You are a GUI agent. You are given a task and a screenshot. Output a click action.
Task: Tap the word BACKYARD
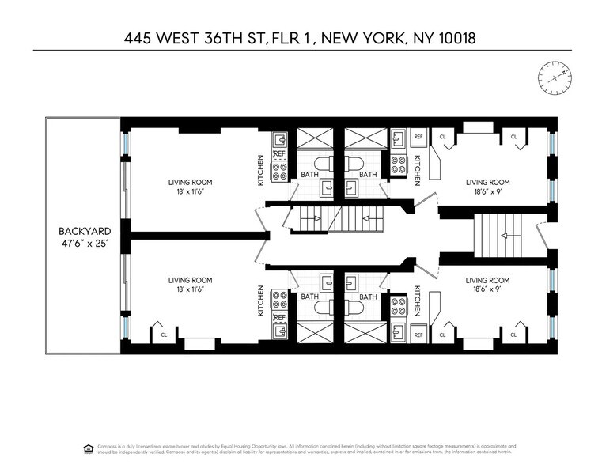pyautogui.click(x=82, y=231)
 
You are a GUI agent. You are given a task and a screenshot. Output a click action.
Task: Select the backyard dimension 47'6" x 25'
pyautogui.click(x=82, y=244)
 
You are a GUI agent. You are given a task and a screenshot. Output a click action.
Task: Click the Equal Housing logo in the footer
pyautogui.click(x=87, y=447)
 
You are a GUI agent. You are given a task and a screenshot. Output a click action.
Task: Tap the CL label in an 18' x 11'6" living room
pyautogui.click(x=164, y=335)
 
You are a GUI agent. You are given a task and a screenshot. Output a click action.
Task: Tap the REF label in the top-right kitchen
pyautogui.click(x=418, y=136)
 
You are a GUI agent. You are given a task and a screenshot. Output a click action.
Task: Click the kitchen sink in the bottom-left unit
pyautogui.click(x=279, y=332)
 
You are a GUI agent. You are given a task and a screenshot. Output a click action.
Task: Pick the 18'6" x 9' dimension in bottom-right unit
pyautogui.click(x=487, y=289)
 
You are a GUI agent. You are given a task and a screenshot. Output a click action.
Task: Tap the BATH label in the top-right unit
pyautogui.click(x=369, y=175)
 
